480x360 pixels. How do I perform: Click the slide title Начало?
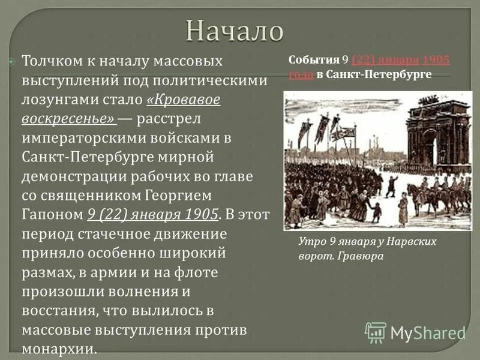click(233, 31)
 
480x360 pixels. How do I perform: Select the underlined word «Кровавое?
click(183, 99)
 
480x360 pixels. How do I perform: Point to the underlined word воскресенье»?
click(68, 118)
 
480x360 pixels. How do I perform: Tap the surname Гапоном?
click(52, 215)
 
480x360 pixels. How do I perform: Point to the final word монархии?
click(59, 350)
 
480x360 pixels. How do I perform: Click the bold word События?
click(314, 60)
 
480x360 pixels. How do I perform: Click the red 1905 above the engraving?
click(436, 60)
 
